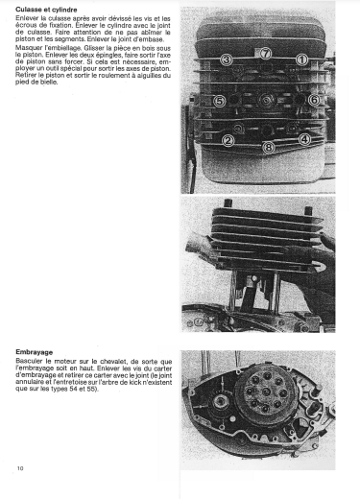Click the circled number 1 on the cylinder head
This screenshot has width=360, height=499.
click(x=301, y=59)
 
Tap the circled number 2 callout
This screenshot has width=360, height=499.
click(x=228, y=140)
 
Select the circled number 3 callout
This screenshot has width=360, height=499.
click(x=227, y=59)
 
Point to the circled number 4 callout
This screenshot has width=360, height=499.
click(x=304, y=139)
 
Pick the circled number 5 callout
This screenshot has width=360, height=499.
click(x=219, y=101)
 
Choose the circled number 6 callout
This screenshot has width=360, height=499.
click(x=314, y=100)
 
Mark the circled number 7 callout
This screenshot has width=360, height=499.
click(x=265, y=53)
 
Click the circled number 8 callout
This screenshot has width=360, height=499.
click(x=268, y=148)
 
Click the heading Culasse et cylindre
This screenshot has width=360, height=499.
click(x=46, y=10)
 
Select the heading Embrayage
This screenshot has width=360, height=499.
click(x=35, y=352)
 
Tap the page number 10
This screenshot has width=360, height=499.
click(x=20, y=468)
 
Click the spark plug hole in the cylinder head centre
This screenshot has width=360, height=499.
click(x=265, y=101)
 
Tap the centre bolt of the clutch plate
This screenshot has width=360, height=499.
click(x=266, y=392)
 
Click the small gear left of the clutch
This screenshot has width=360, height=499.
click(x=221, y=402)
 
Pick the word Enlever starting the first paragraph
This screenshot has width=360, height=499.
click(x=27, y=18)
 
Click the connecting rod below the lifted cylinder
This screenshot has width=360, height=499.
click(x=248, y=294)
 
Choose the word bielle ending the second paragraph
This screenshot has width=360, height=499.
click(x=50, y=83)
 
